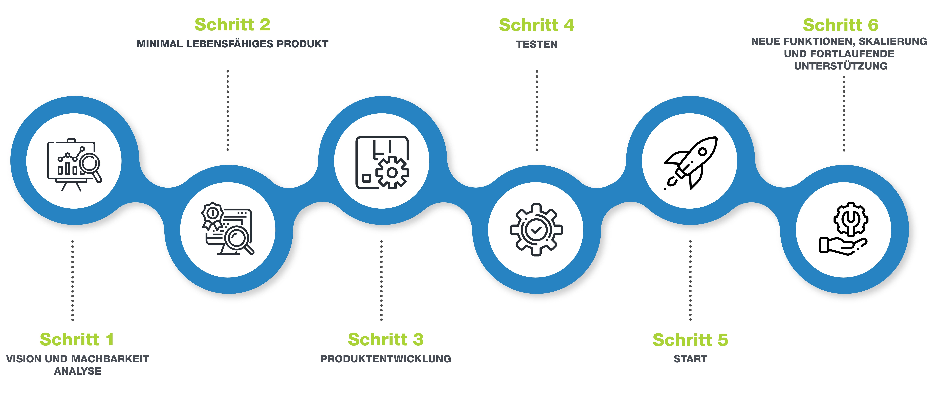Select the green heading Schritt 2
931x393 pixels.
click(232, 25)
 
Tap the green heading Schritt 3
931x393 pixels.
click(386, 339)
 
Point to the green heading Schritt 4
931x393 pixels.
click(537, 25)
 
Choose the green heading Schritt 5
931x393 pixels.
click(690, 340)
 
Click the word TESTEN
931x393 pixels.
click(537, 44)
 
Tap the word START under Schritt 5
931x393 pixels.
click(690, 359)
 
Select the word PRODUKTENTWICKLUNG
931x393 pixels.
click(386, 359)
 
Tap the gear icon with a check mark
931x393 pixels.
click(536, 230)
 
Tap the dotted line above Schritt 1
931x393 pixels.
click(73, 281)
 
